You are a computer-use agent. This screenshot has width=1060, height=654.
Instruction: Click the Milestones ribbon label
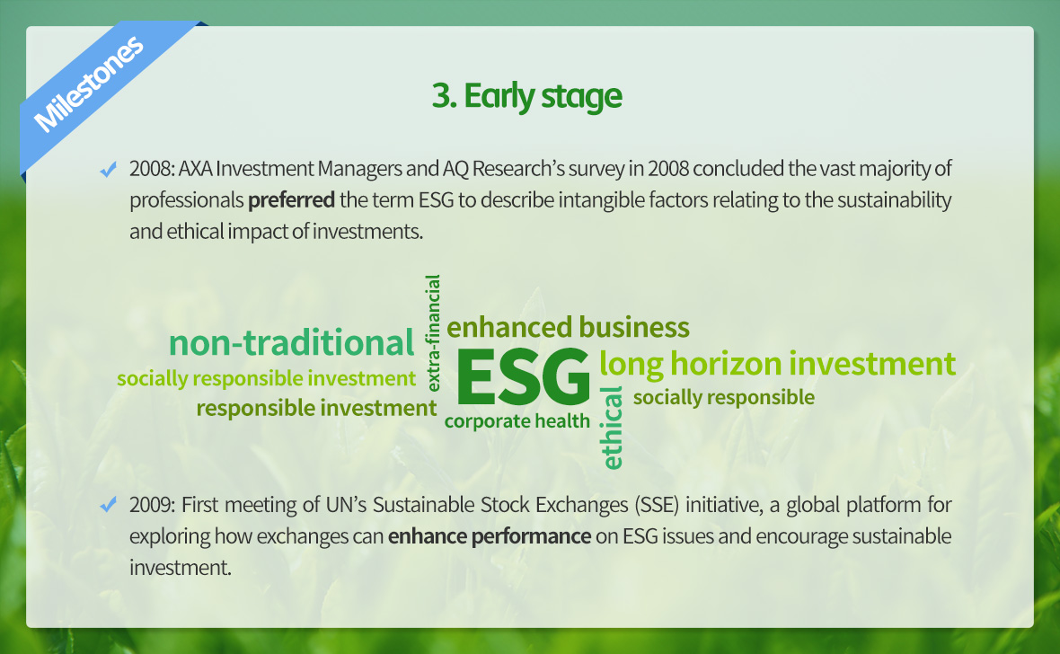click(89, 84)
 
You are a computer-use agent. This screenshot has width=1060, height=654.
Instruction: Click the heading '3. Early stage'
click(526, 96)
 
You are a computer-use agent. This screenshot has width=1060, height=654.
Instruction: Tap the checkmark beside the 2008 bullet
click(108, 169)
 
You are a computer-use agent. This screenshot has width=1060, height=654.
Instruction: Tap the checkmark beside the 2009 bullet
click(108, 505)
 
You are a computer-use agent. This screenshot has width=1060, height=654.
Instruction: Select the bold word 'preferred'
click(291, 200)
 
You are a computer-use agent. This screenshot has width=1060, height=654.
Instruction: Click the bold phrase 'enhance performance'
click(490, 536)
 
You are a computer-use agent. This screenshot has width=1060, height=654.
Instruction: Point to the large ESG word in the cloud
click(523, 376)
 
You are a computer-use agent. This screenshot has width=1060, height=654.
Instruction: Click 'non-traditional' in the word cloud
click(291, 342)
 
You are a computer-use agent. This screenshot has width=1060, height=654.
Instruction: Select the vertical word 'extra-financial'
click(433, 332)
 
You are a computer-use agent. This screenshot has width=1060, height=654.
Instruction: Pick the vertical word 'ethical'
click(612, 429)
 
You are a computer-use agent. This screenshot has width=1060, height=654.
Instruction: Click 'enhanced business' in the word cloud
click(568, 327)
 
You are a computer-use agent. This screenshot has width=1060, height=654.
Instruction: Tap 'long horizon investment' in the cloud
click(777, 364)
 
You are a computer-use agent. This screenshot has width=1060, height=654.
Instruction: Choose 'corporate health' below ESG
click(517, 421)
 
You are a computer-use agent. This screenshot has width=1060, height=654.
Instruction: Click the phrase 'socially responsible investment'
click(267, 379)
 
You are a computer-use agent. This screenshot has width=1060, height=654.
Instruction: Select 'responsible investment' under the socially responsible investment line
click(316, 409)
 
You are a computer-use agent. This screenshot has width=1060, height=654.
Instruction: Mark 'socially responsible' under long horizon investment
click(724, 398)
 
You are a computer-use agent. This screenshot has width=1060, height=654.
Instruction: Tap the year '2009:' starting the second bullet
click(153, 505)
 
